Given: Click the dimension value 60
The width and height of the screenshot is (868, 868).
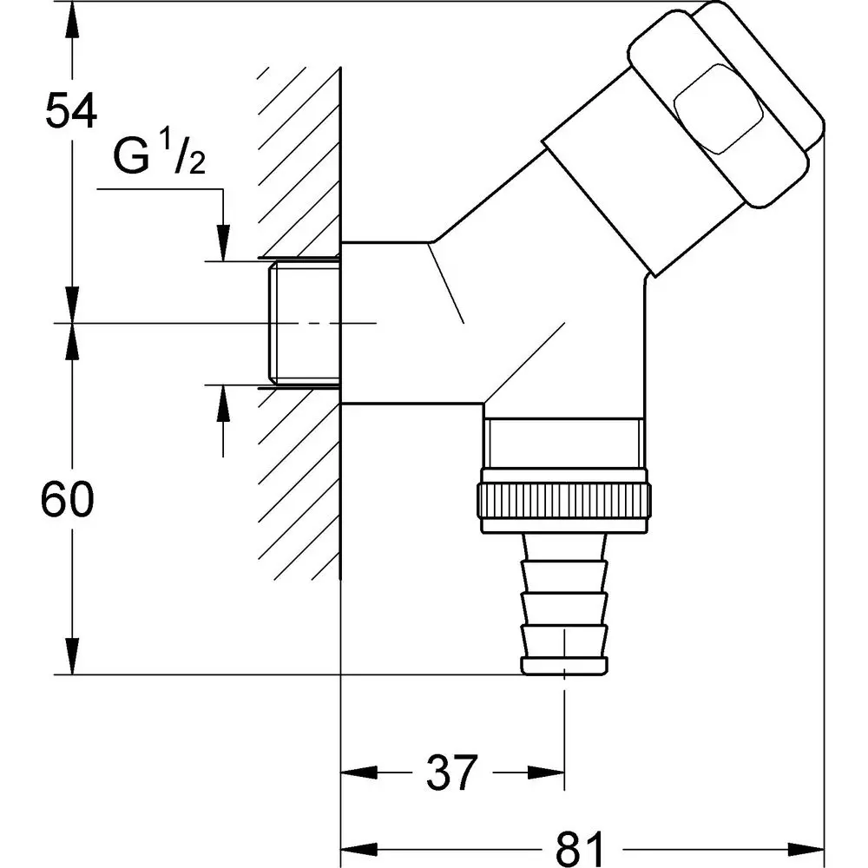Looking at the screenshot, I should (x=68, y=502).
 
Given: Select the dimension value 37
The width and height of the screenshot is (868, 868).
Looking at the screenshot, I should (x=451, y=772).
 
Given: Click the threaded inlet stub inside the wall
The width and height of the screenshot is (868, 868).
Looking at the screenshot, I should (x=304, y=322).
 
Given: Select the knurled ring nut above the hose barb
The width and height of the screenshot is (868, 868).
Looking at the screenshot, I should (x=563, y=502).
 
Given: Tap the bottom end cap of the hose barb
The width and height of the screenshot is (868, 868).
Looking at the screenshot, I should (x=563, y=666).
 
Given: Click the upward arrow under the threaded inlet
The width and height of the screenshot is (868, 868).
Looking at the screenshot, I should (x=224, y=403).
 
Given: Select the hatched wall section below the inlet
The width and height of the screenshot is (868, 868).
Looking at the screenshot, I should (x=299, y=486).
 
